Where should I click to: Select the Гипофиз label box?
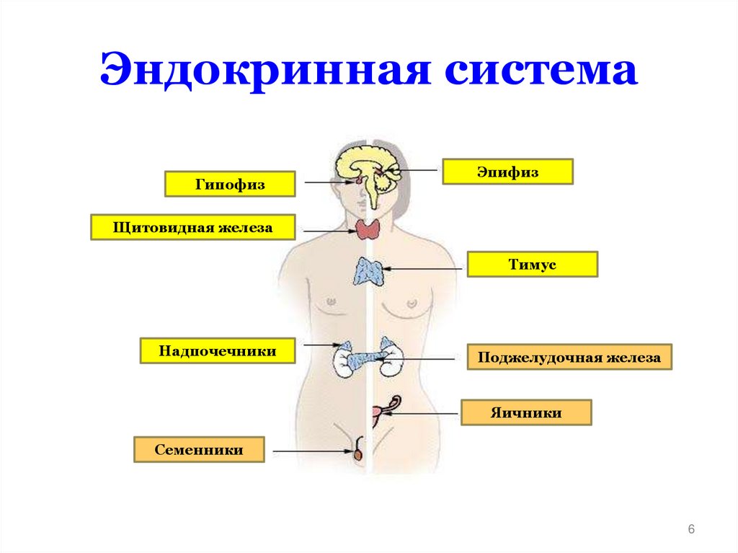[230, 184]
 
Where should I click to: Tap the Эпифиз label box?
[507, 172]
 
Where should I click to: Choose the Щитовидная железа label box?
[193, 228]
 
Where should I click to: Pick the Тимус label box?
[532, 265]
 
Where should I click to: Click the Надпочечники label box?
[218, 351]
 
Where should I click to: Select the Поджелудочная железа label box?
[569, 358]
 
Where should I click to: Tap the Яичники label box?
[526, 413]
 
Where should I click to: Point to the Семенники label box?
[199, 450]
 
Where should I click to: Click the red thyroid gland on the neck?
[368, 229]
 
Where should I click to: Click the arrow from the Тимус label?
[425, 269]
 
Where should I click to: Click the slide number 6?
[691, 530]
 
